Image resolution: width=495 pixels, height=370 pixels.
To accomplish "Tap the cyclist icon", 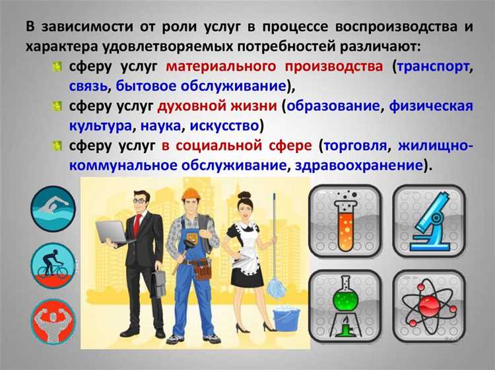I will [53, 266].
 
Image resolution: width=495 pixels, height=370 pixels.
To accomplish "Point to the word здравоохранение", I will [360, 165].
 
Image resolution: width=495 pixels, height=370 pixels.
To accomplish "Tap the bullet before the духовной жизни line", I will [58, 106].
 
